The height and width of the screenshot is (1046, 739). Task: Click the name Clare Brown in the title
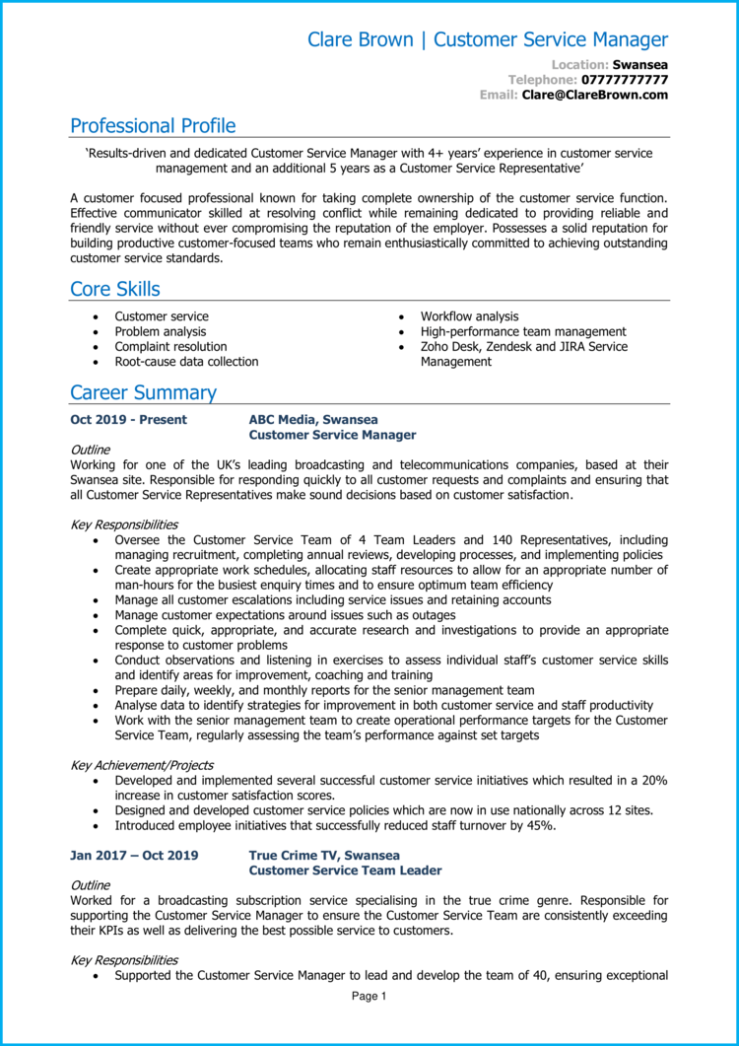361,40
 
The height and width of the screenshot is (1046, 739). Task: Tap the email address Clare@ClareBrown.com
594,95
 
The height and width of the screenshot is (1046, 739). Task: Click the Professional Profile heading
153,126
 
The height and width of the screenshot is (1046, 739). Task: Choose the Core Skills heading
114,289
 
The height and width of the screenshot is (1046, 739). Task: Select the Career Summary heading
143,392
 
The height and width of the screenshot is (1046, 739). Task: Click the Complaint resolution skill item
170,347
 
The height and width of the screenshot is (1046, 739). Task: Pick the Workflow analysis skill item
469,316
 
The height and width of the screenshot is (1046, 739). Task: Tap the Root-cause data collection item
186,362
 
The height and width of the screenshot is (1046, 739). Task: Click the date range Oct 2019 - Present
128,420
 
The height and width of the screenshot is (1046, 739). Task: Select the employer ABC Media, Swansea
313,420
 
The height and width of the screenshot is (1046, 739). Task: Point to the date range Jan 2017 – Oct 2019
134,856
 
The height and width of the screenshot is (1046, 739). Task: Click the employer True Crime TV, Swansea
324,856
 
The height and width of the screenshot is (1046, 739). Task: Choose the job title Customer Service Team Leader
345,871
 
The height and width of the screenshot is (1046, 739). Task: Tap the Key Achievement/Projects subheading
142,765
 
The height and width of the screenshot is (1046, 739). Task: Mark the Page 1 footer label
369,997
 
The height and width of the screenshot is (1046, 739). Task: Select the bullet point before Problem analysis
95,332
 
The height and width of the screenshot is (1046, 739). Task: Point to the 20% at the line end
654,781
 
